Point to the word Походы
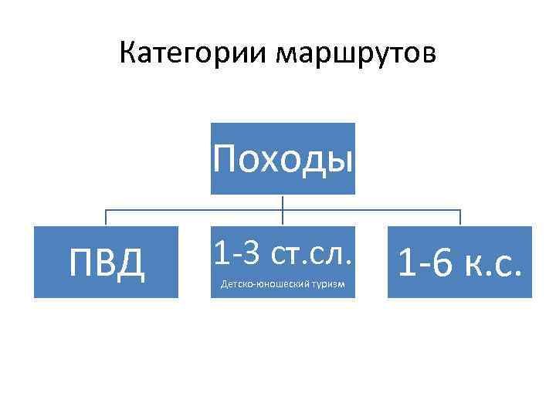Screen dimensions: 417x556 point(283,158)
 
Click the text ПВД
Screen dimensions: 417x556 point(106,263)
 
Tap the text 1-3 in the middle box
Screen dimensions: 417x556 point(235,252)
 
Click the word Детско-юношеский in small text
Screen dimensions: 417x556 point(265,285)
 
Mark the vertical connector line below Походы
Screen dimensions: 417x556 point(283,202)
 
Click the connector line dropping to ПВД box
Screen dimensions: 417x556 point(106,218)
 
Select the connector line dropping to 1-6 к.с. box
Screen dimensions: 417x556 point(460,218)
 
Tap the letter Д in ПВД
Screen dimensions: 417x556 point(132,263)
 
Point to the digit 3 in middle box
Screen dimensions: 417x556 point(251,252)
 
